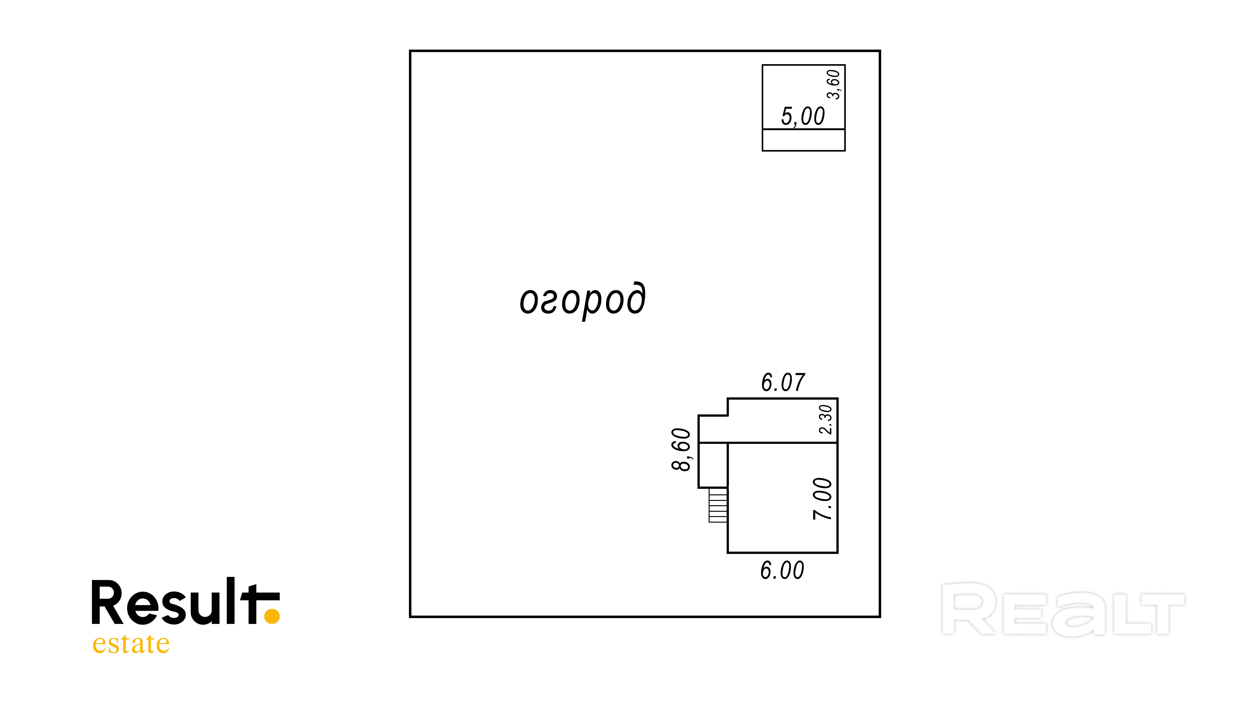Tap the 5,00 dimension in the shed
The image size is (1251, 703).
pos(802,117)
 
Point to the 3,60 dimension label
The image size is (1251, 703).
pos(833,84)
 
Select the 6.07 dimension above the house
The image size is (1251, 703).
pos(783,382)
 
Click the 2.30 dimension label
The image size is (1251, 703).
pos(826,419)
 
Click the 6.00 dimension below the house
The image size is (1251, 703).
pos(782,570)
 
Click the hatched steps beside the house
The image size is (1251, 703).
pos(718,505)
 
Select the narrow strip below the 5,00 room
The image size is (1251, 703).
pos(803,140)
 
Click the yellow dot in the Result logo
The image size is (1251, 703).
pos(272,616)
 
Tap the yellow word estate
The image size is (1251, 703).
pos(131,644)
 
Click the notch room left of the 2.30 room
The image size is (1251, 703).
pos(712,429)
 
